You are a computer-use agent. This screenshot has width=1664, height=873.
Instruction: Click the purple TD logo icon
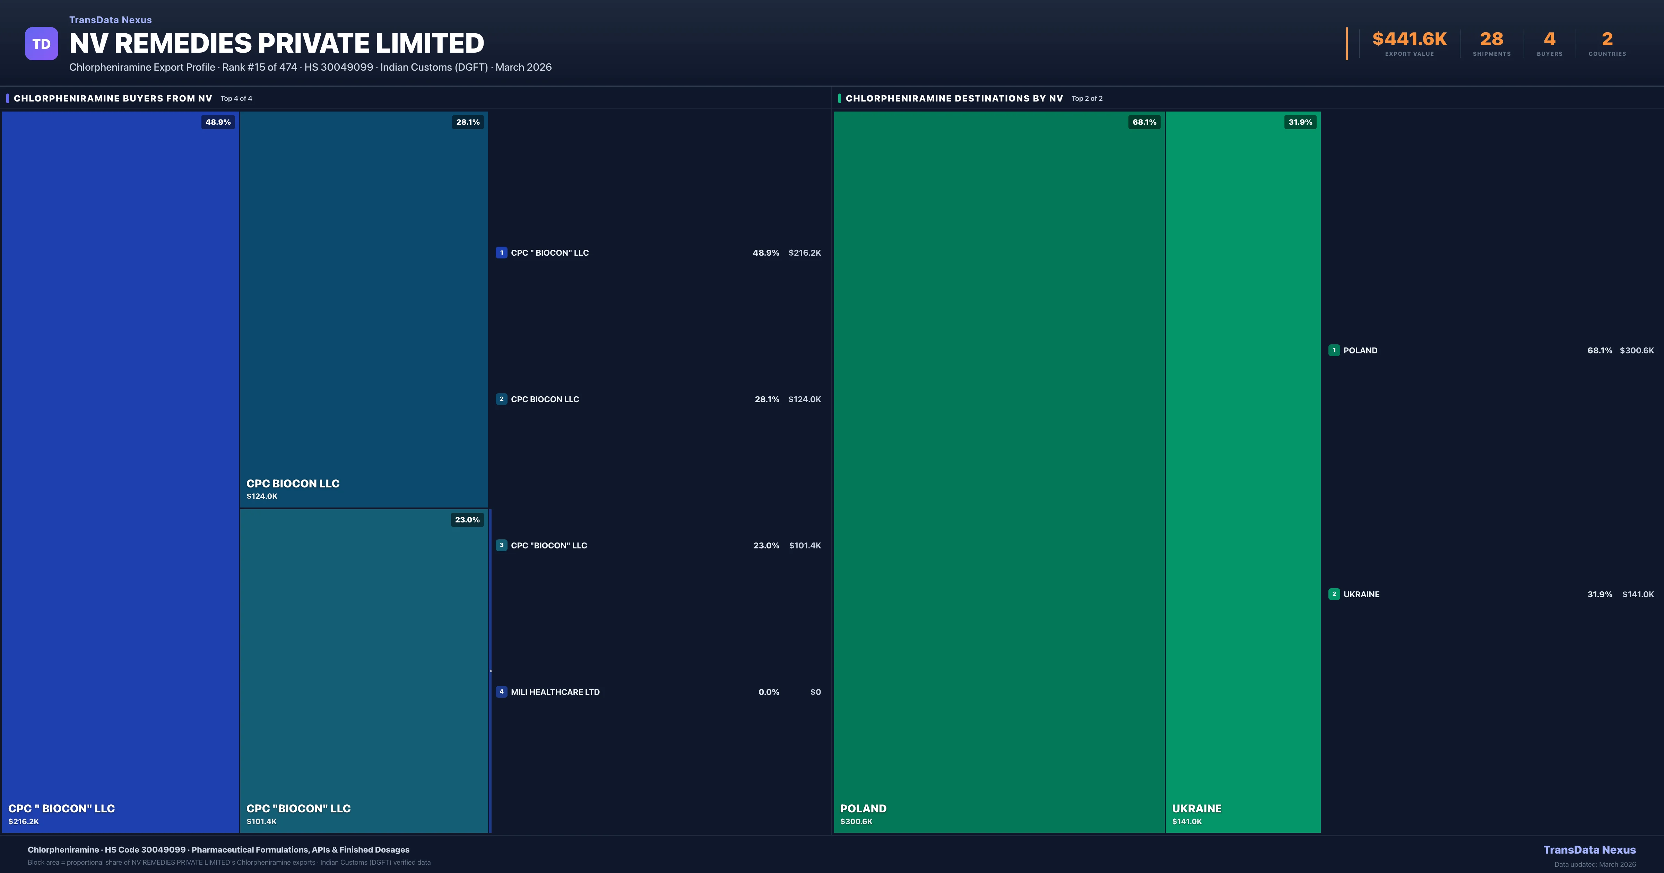pyautogui.click(x=41, y=44)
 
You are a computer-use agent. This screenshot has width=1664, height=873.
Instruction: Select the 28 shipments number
pyautogui.click(x=1491, y=39)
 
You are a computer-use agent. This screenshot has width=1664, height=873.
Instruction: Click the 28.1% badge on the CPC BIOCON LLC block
pyautogui.click(x=468, y=122)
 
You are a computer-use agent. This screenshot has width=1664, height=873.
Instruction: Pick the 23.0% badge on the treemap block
pyautogui.click(x=467, y=520)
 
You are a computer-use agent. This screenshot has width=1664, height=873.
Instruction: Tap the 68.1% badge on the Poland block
pyautogui.click(x=1144, y=122)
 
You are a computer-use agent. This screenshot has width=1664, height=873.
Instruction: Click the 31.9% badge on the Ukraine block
pyautogui.click(x=1300, y=122)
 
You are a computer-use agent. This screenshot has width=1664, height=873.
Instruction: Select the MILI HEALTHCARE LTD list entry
pyautogui.click(x=555, y=692)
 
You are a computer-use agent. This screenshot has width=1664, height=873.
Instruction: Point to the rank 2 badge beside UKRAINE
pyautogui.click(x=1334, y=594)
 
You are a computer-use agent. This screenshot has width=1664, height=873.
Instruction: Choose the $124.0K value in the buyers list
pyautogui.click(x=804, y=399)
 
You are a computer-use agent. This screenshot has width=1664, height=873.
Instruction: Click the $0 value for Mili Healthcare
pyautogui.click(x=815, y=692)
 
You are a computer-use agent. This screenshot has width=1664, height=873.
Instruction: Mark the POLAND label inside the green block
pyautogui.click(x=863, y=809)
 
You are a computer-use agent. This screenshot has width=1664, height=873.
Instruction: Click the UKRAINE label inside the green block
pyautogui.click(x=1196, y=809)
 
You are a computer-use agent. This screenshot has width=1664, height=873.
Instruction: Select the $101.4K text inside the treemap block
pyautogui.click(x=262, y=821)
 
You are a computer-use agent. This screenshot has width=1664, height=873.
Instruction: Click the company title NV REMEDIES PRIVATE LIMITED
pyautogui.click(x=277, y=43)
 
